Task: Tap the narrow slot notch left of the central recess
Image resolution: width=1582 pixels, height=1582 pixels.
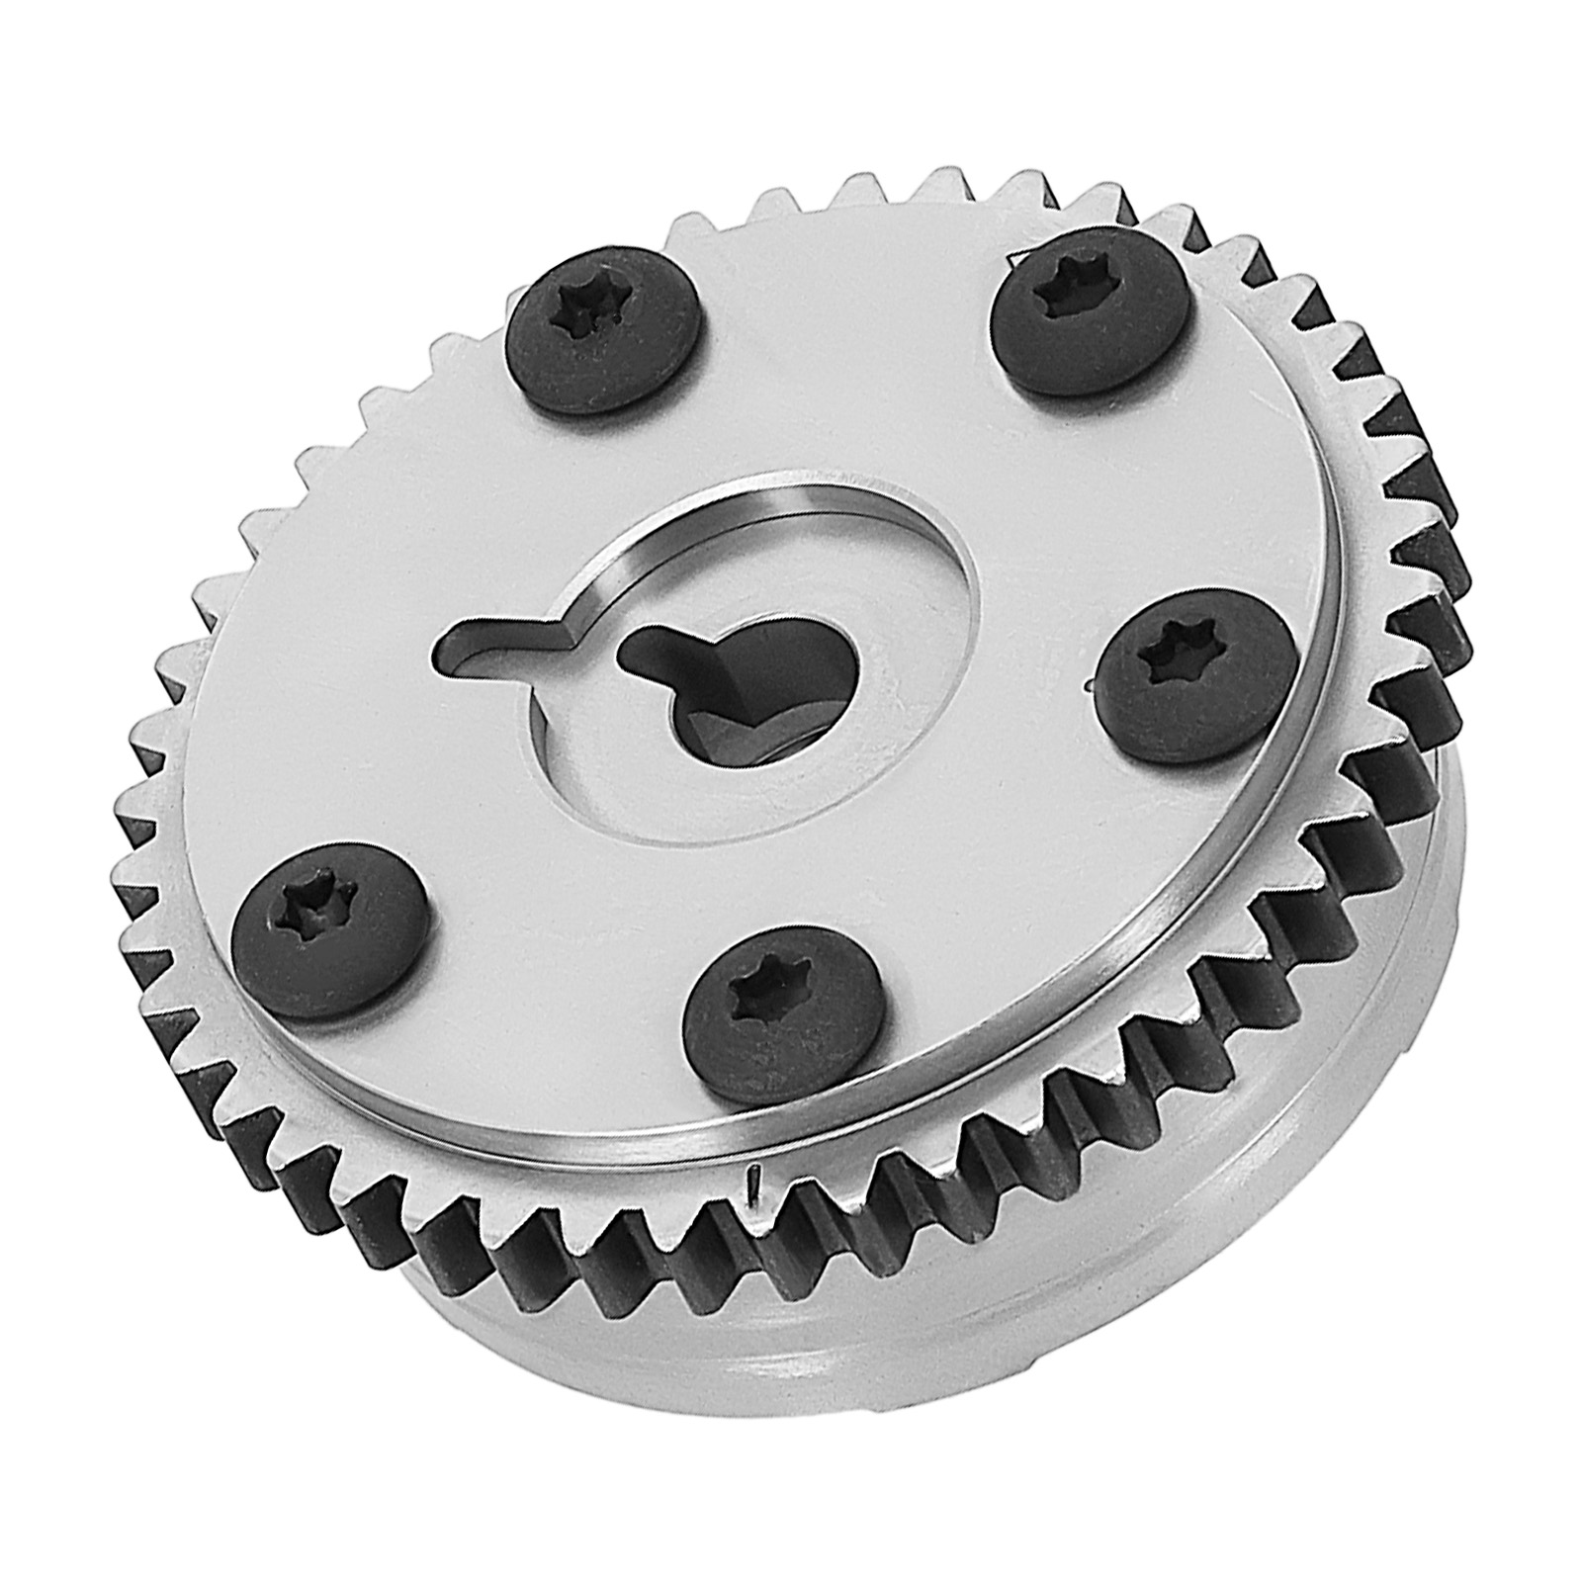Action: pyautogui.click(x=494, y=643)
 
